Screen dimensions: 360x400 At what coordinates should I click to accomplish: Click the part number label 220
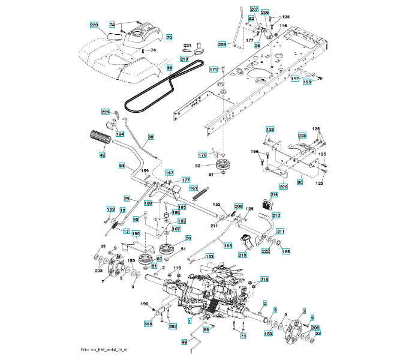click(x=94, y=25)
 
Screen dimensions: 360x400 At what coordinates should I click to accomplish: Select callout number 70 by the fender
click(x=169, y=37)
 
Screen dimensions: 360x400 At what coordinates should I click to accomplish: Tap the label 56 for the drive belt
click(x=169, y=68)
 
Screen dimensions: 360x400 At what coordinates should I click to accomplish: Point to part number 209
click(x=221, y=44)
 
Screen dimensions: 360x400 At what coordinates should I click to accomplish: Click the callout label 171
click(x=213, y=70)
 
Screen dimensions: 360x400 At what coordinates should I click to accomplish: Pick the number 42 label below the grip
click(x=102, y=155)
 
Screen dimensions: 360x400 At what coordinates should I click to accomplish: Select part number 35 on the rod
click(x=151, y=137)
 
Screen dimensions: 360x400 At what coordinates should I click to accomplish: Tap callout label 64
click(x=121, y=165)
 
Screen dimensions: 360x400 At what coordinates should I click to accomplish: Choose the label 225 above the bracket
click(x=302, y=135)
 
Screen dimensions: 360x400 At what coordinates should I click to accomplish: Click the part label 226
click(x=284, y=186)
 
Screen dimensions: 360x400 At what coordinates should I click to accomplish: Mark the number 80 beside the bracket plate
click(x=300, y=181)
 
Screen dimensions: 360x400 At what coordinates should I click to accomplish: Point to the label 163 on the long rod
click(x=228, y=245)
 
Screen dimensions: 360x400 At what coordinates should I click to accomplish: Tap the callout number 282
click(x=173, y=326)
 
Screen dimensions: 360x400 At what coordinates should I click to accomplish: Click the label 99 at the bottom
click(x=184, y=341)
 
